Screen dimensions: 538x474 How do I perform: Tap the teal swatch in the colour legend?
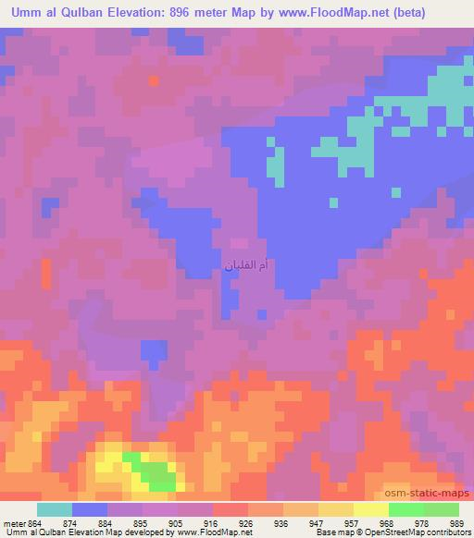point(55,509)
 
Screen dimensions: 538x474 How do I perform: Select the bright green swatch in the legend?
point(406,509)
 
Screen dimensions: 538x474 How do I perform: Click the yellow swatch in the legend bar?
point(371,509)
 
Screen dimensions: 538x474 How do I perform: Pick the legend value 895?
point(142,522)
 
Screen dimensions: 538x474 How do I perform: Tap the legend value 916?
point(212,522)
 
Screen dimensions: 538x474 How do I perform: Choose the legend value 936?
point(282,522)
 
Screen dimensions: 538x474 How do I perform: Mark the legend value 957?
point(353,522)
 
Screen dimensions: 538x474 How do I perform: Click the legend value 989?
point(458,522)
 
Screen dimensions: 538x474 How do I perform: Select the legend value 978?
point(423,522)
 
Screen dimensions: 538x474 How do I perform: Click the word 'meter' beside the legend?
point(14,522)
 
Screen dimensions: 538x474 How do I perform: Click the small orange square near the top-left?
point(153,80)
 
